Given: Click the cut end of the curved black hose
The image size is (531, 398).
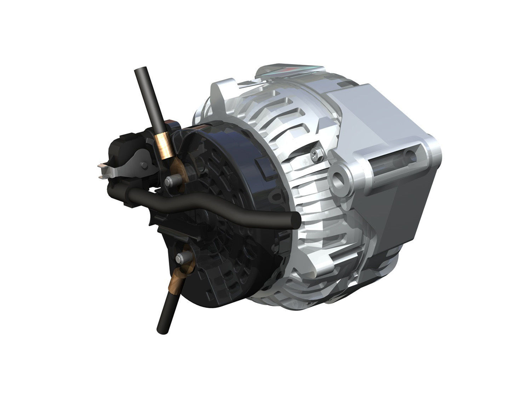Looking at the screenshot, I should (x=295, y=221).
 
